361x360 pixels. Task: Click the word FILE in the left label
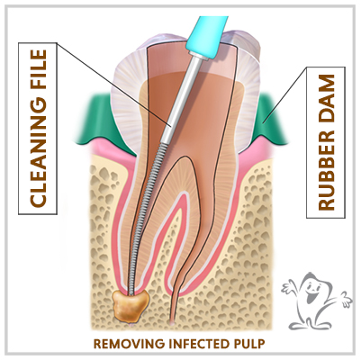[x=38, y=73]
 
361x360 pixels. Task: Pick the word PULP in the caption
[x=249, y=344]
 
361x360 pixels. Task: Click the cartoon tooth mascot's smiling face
[x=311, y=292]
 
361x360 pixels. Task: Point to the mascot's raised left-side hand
[x=287, y=287]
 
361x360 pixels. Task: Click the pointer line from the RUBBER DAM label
[x=284, y=94]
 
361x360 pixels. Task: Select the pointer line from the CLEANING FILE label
[x=113, y=85]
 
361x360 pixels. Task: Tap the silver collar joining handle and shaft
[x=199, y=55]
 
